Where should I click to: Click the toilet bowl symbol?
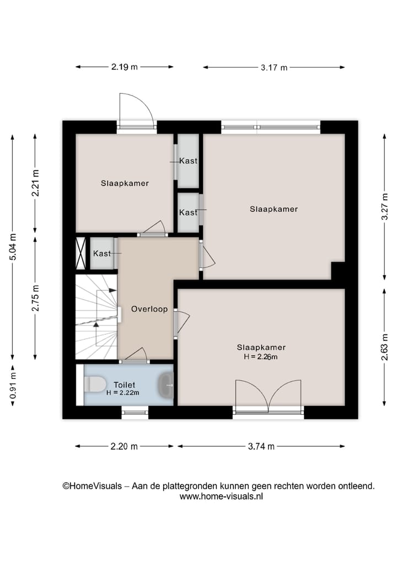pyautogui.click(x=94, y=384)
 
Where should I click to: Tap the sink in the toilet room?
pyautogui.click(x=167, y=385)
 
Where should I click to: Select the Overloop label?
pyautogui.click(x=149, y=309)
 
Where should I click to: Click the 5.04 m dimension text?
pyautogui.click(x=13, y=247)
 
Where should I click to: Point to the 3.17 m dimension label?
pyautogui.click(x=274, y=67)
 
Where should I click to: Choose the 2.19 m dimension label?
pyautogui.click(x=125, y=67)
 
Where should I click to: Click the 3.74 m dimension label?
pyautogui.click(x=261, y=446)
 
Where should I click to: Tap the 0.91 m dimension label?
pyautogui.click(x=13, y=386)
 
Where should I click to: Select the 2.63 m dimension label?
pyautogui.click(x=384, y=347)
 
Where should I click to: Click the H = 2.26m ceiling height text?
pyautogui.click(x=261, y=357)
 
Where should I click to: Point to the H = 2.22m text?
pyautogui.click(x=122, y=393)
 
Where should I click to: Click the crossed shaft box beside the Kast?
pyautogui.click(x=81, y=253)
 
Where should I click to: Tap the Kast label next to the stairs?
pyautogui.click(x=102, y=253)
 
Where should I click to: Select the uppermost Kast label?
pyautogui.click(x=188, y=161)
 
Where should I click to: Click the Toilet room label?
pyautogui.click(x=125, y=385)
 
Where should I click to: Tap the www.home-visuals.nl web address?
pyautogui.click(x=221, y=496)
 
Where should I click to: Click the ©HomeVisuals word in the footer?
pyautogui.click(x=92, y=486)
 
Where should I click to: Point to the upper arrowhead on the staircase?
pyautogui.click(x=113, y=291)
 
